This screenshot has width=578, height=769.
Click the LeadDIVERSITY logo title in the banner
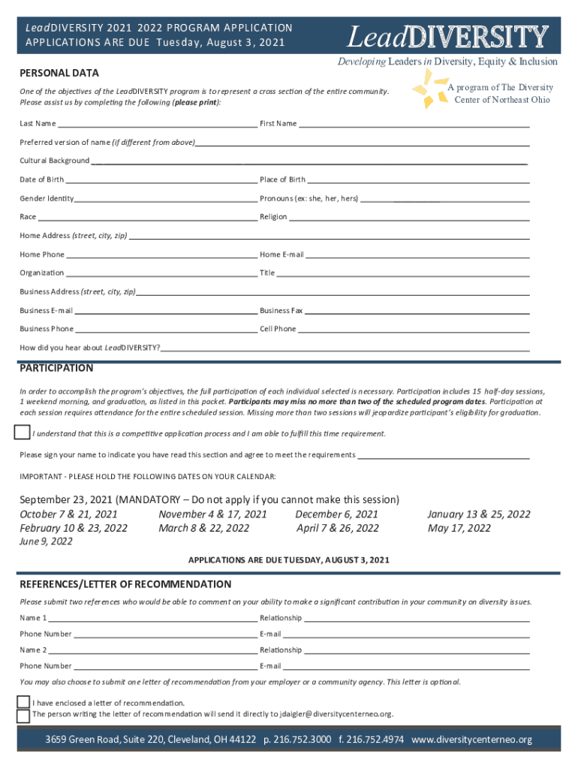(447, 36)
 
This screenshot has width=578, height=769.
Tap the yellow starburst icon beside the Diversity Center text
(429, 88)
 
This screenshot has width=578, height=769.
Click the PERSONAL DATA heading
(59, 73)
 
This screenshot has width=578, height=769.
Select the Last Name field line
(157, 124)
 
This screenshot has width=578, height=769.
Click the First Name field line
(414, 124)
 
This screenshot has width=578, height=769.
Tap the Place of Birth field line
(418, 180)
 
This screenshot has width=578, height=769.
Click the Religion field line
(409, 217)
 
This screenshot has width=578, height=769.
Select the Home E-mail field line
(417, 255)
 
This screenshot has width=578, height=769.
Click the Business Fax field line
(417, 311)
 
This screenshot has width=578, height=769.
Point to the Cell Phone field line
(414, 330)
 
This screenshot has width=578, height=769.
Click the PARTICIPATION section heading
(56, 368)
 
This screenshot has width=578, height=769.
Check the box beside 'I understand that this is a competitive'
(22, 433)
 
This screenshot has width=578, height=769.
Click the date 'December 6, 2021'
(336, 514)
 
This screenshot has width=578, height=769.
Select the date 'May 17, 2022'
(459, 528)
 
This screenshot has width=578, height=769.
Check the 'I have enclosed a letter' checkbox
(23, 702)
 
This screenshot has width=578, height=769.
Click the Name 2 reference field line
(153, 650)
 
